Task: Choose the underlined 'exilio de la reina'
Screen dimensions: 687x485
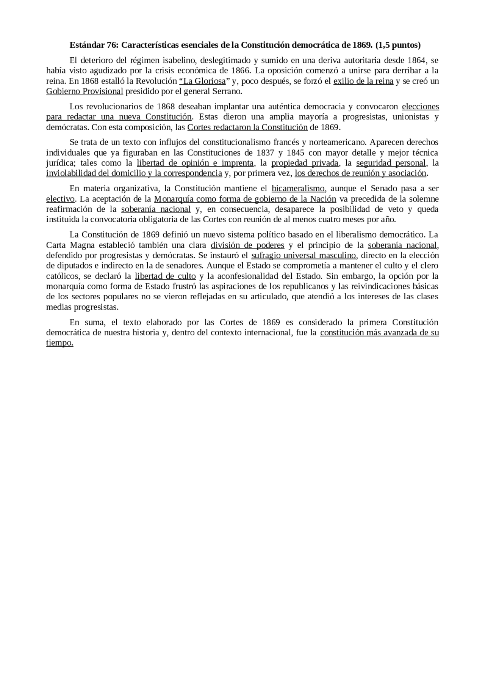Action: click(363, 81)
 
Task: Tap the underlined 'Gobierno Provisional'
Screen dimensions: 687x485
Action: click(84, 91)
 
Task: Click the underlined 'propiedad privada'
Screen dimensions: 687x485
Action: click(305, 163)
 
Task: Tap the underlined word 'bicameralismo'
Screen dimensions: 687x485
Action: click(298, 189)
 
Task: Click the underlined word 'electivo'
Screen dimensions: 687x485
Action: click(60, 199)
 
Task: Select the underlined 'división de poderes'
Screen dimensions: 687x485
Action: click(247, 245)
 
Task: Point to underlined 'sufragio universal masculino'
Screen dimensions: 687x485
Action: click(304, 255)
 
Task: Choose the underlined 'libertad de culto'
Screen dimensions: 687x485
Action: click(165, 276)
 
